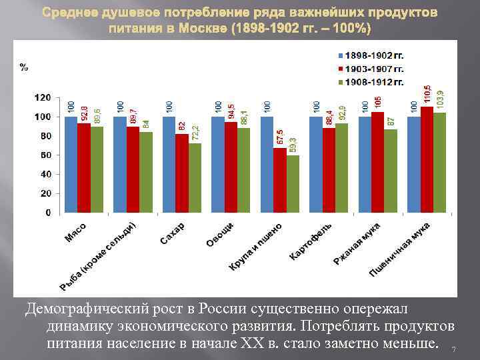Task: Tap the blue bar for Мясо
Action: (71, 165)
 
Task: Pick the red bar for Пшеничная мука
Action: (427, 160)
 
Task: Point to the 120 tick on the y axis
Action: (42, 97)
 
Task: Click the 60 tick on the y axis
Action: (45, 155)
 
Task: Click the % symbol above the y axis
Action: (24, 67)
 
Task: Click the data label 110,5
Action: (427, 95)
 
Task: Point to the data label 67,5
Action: (280, 137)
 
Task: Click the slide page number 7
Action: (453, 350)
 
